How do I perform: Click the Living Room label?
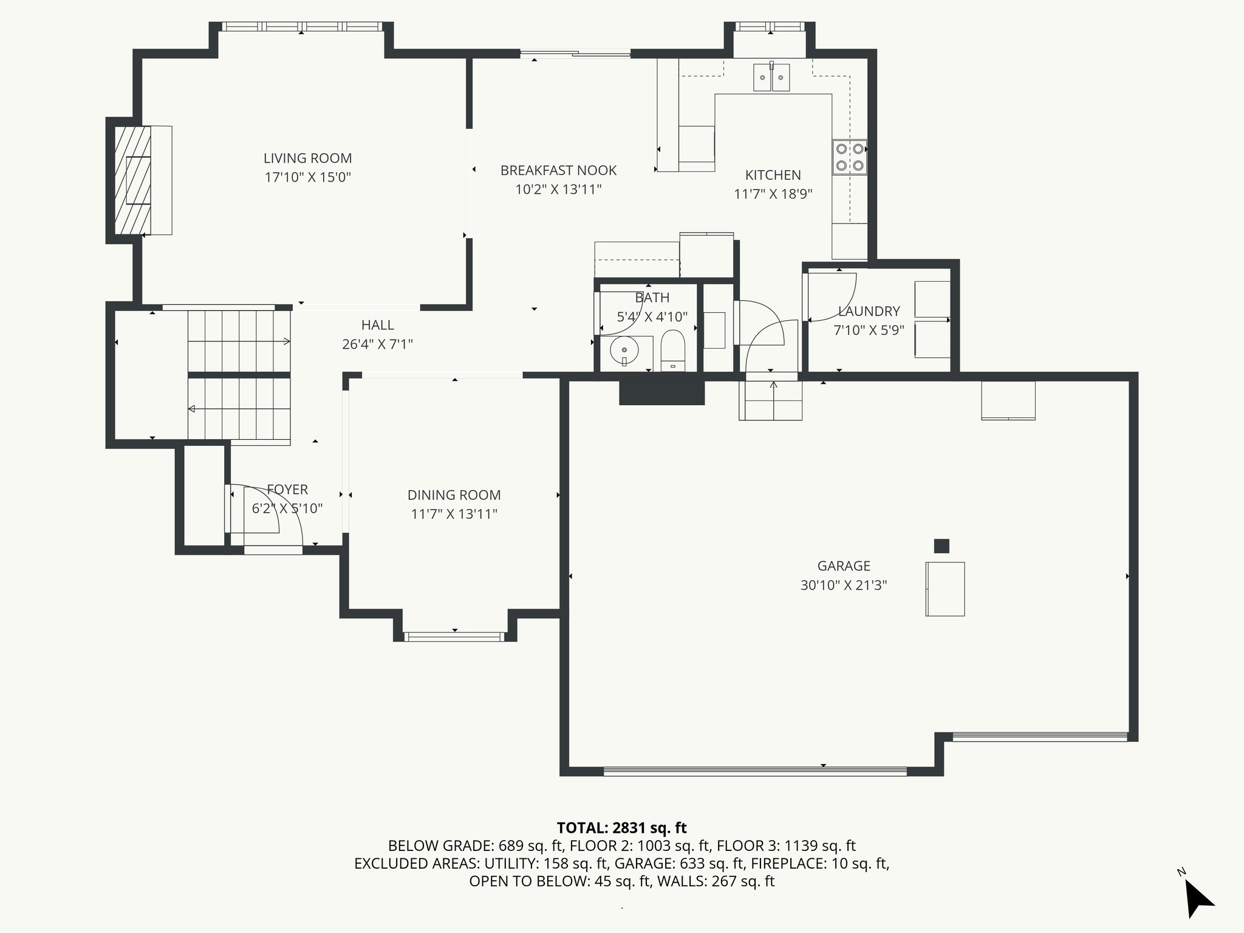[x=307, y=158]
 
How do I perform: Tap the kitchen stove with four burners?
[x=849, y=157]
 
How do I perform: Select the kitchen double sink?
[x=771, y=77]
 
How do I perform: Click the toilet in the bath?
[x=672, y=350]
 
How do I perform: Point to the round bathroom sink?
[x=624, y=351]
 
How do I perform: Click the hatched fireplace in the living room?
[x=132, y=180]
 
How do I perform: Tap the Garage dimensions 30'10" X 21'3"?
[x=844, y=586]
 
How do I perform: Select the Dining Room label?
[x=454, y=495]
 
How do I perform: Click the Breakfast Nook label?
[x=558, y=171]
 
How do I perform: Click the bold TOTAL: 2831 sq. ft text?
[x=621, y=828]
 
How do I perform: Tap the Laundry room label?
[x=869, y=312]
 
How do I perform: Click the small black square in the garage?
[x=942, y=545]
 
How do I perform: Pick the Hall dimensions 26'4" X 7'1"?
[x=377, y=344]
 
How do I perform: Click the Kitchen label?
[x=773, y=175]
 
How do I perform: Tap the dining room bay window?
[x=454, y=637]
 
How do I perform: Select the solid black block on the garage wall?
[x=661, y=392]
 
